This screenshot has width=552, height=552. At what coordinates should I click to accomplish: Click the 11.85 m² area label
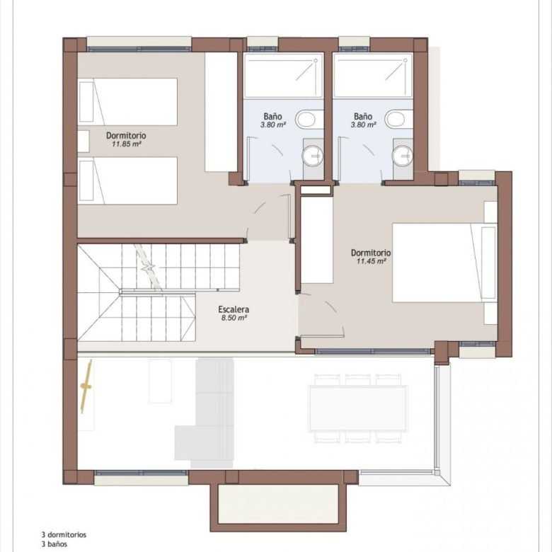click(x=127, y=144)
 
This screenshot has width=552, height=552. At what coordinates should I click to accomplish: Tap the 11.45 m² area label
click(x=372, y=261)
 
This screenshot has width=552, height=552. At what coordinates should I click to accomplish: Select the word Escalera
click(x=234, y=309)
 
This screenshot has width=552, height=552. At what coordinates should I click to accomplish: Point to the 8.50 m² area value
click(x=234, y=318)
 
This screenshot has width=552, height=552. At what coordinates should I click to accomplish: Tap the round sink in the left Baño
click(x=313, y=156)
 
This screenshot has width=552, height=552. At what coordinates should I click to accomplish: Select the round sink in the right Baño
click(x=403, y=156)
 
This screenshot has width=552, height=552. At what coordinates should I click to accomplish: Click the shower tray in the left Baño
click(x=283, y=75)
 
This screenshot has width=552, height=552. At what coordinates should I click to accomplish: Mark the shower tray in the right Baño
click(x=373, y=75)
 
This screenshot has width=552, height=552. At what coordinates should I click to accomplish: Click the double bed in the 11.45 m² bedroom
click(x=444, y=263)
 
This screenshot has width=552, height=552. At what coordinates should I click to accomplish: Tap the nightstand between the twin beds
click(x=84, y=141)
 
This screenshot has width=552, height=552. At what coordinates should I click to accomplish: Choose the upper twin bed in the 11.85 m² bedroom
click(x=127, y=102)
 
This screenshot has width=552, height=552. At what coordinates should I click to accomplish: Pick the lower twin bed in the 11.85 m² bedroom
click(x=127, y=180)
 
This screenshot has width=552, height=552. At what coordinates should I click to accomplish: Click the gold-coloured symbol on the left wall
click(x=86, y=386)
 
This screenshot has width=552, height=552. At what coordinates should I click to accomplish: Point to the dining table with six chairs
click(x=357, y=409)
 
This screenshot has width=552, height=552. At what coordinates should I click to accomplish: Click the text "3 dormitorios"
click(x=64, y=535)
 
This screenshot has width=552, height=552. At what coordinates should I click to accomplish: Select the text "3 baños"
click(x=54, y=544)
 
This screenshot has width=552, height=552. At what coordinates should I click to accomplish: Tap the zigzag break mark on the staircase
click(x=149, y=268)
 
